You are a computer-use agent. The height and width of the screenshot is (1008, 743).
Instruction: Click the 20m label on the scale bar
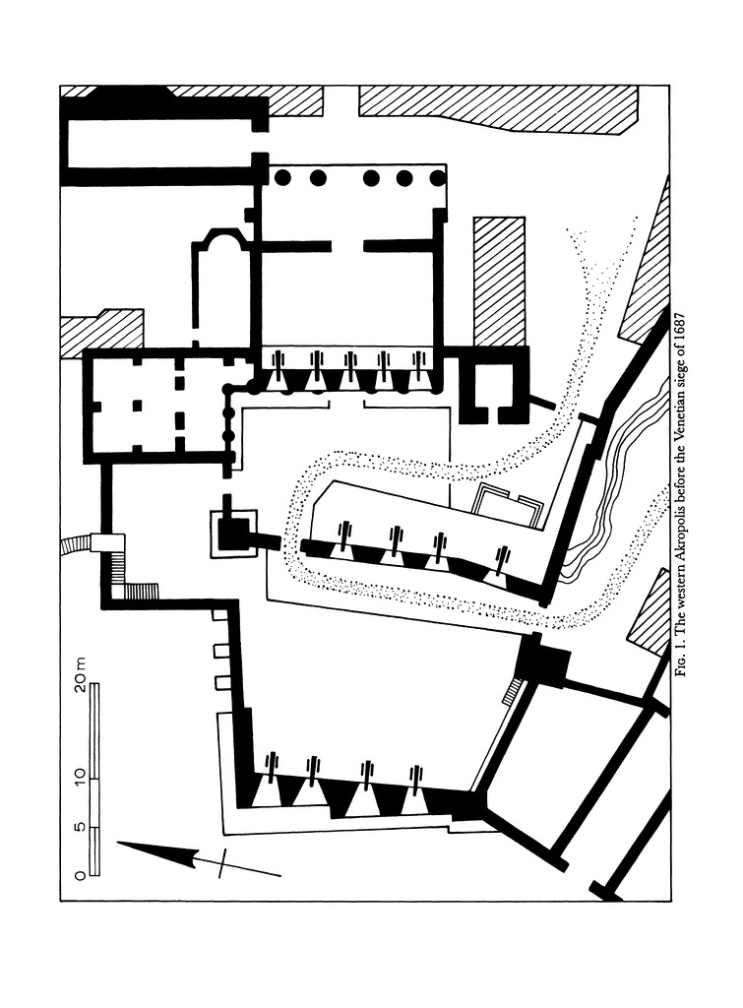[79, 674]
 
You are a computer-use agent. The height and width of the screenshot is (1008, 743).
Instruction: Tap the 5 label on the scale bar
[80, 827]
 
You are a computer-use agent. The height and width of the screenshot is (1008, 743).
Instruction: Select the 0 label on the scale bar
[80, 874]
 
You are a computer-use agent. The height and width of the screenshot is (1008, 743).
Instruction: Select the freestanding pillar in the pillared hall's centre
[137, 405]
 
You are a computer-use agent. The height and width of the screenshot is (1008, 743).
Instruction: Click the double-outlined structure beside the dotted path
[507, 507]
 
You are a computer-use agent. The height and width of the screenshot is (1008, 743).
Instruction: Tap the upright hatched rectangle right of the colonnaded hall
[499, 282]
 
